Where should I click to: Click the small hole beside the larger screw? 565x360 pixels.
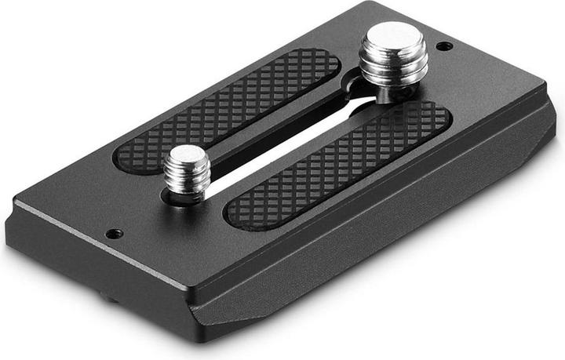pyautogui.click(x=444, y=46)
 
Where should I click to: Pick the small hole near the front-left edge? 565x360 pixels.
pyautogui.click(x=115, y=233)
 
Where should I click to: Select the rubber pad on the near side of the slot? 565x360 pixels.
pyautogui.click(x=337, y=165)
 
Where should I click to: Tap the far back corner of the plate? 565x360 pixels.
pyautogui.click(x=377, y=6)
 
